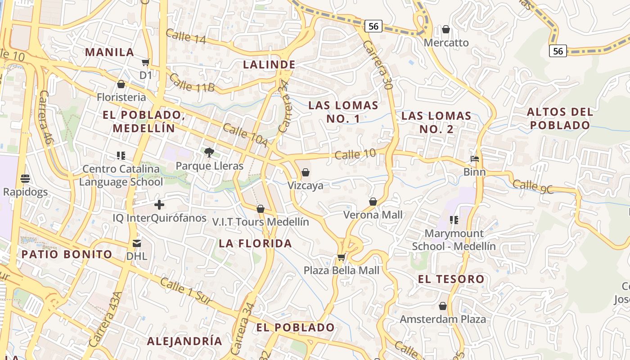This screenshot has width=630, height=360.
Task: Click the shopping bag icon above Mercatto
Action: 445,29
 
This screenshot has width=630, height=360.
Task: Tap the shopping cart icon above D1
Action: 145,62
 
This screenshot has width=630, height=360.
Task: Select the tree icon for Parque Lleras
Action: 209,153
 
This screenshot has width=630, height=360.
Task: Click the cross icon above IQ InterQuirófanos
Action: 159,205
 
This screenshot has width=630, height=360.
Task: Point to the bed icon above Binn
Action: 474,158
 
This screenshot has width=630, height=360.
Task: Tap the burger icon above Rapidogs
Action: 25,179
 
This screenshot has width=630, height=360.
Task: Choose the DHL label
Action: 137,256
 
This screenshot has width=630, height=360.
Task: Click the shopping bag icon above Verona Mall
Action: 373,202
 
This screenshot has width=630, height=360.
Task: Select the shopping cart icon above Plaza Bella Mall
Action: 341,257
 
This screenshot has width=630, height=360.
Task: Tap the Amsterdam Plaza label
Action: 443,319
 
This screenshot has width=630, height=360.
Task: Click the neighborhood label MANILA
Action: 110,52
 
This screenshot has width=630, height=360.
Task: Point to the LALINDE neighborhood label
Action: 269,65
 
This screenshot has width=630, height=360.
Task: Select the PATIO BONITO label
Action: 67,254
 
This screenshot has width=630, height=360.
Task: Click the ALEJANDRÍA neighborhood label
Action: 184,341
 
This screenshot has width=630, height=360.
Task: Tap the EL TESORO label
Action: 451,279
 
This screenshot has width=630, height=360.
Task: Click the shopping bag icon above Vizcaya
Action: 305,172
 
